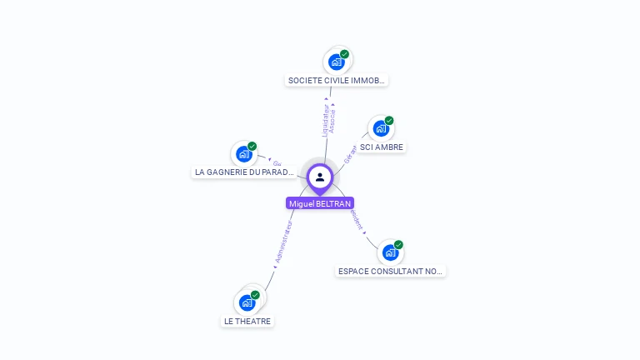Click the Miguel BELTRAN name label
[320, 203]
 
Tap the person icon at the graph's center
[320, 177]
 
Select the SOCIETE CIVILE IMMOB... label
[337, 81]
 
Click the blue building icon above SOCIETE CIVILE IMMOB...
[337, 62]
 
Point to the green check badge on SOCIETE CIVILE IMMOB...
[345, 54]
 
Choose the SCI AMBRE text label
[382, 147]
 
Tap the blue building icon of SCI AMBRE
[381, 128]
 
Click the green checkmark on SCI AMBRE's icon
[389, 121]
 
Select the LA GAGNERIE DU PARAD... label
[244, 172]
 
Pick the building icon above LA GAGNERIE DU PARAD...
[243, 154]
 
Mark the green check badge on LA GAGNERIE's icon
[252, 147]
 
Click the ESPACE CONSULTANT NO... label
[391, 272]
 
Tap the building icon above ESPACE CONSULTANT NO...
[390, 252]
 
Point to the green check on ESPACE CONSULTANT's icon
[399, 245]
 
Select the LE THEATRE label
[247, 322]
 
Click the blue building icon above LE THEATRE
[247, 302]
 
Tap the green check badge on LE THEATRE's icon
[256, 295]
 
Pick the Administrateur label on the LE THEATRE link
[284, 242]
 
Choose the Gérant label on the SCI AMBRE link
[350, 153]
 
